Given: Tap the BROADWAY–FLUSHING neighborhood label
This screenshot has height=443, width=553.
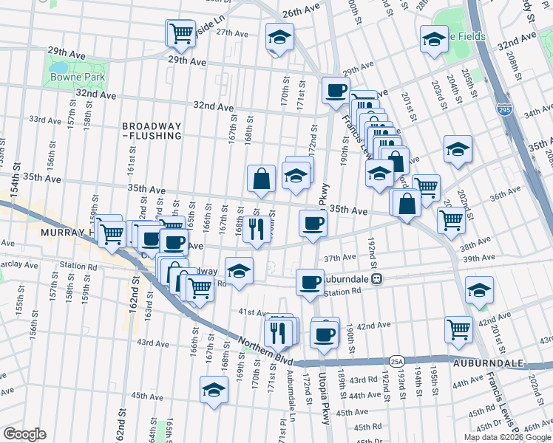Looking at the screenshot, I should tap(152, 131).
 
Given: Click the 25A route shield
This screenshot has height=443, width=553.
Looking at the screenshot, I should tap(397, 361).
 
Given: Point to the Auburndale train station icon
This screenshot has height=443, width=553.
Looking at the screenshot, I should tap(376, 279).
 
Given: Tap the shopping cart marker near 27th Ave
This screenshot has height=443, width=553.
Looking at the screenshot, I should tap(180, 33).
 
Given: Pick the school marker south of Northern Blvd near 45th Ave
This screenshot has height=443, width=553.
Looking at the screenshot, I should tap(214, 390).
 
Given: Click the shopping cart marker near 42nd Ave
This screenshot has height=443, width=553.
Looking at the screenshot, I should tap(459, 330).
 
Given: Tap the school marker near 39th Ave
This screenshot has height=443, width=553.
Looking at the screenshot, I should tap(480, 291).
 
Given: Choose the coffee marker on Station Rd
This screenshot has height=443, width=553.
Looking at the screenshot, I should tap(309, 281).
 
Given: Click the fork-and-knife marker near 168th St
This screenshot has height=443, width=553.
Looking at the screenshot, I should tap(257, 230).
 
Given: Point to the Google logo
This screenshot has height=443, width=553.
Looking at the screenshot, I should tap(24, 434).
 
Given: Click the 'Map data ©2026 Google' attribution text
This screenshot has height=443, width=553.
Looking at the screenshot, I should tap(506, 437).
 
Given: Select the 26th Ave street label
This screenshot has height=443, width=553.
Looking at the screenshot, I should tap(301, 13).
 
